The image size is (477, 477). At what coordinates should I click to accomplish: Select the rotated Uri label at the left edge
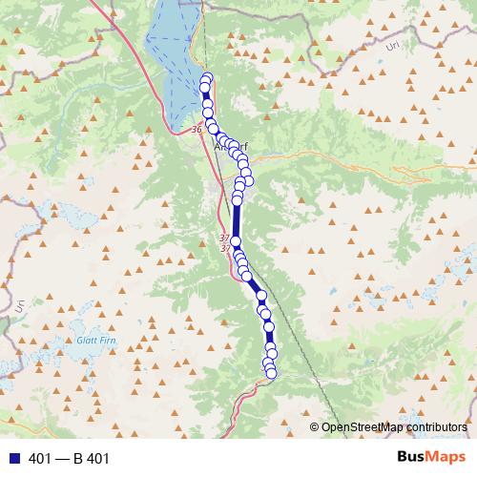[18, 306]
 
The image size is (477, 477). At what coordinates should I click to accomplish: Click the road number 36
[197, 129]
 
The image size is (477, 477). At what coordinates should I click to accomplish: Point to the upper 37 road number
[225, 238]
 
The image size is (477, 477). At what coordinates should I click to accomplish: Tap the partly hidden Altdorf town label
[232, 148]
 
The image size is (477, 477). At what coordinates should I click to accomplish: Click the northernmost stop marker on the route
[206, 78]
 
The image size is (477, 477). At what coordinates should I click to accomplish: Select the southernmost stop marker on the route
[271, 373]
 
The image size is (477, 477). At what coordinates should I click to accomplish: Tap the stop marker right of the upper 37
[236, 242]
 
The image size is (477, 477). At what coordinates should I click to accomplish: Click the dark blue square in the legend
[12, 459]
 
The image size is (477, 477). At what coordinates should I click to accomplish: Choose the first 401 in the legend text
[40, 459]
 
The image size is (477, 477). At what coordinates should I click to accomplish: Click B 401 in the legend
[92, 459]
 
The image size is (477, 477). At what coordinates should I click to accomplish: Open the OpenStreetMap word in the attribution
[359, 427]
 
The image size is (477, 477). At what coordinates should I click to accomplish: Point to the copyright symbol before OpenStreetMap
[315, 427]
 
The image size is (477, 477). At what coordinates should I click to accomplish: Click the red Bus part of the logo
[413, 457]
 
